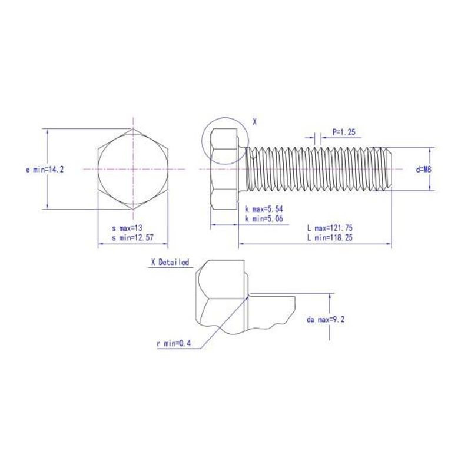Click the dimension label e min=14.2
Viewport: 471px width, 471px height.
[x=45, y=170]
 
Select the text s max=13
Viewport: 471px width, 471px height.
[x=127, y=228]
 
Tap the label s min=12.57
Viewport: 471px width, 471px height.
[x=132, y=238]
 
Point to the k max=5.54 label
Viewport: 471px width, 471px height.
[x=264, y=209]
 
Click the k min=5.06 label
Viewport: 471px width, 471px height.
[x=264, y=218]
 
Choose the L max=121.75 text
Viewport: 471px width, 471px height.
[x=330, y=228]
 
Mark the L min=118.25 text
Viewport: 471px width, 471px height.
[x=330, y=238]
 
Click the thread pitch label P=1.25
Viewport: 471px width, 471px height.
[x=344, y=131]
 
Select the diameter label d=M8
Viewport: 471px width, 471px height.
[x=423, y=170]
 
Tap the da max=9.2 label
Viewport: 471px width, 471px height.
[x=326, y=319]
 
